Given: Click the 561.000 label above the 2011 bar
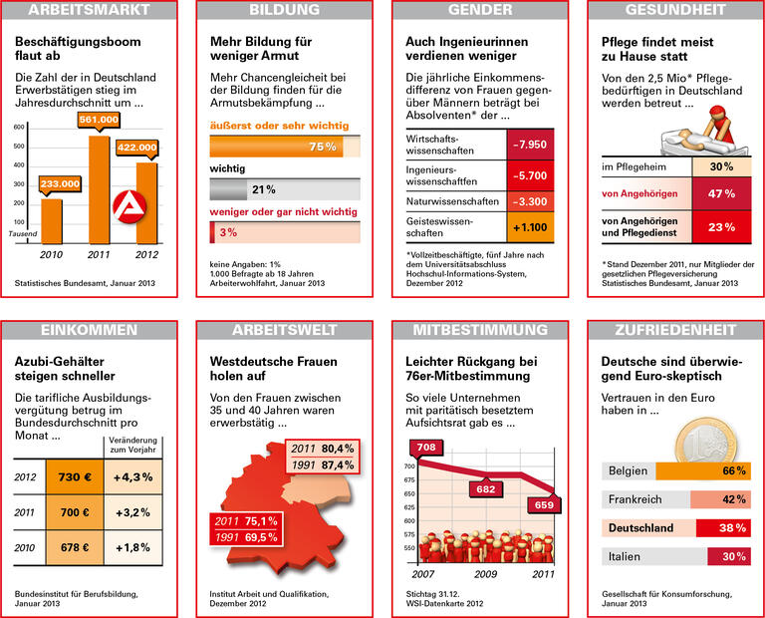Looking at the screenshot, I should (x=99, y=119).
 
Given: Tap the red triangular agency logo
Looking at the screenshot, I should (x=127, y=205).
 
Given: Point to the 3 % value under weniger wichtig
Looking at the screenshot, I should (x=228, y=232).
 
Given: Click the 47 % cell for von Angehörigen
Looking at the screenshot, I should (x=721, y=194).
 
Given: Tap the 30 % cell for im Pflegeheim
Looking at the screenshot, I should (x=721, y=166).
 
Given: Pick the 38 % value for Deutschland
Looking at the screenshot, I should (x=733, y=527).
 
